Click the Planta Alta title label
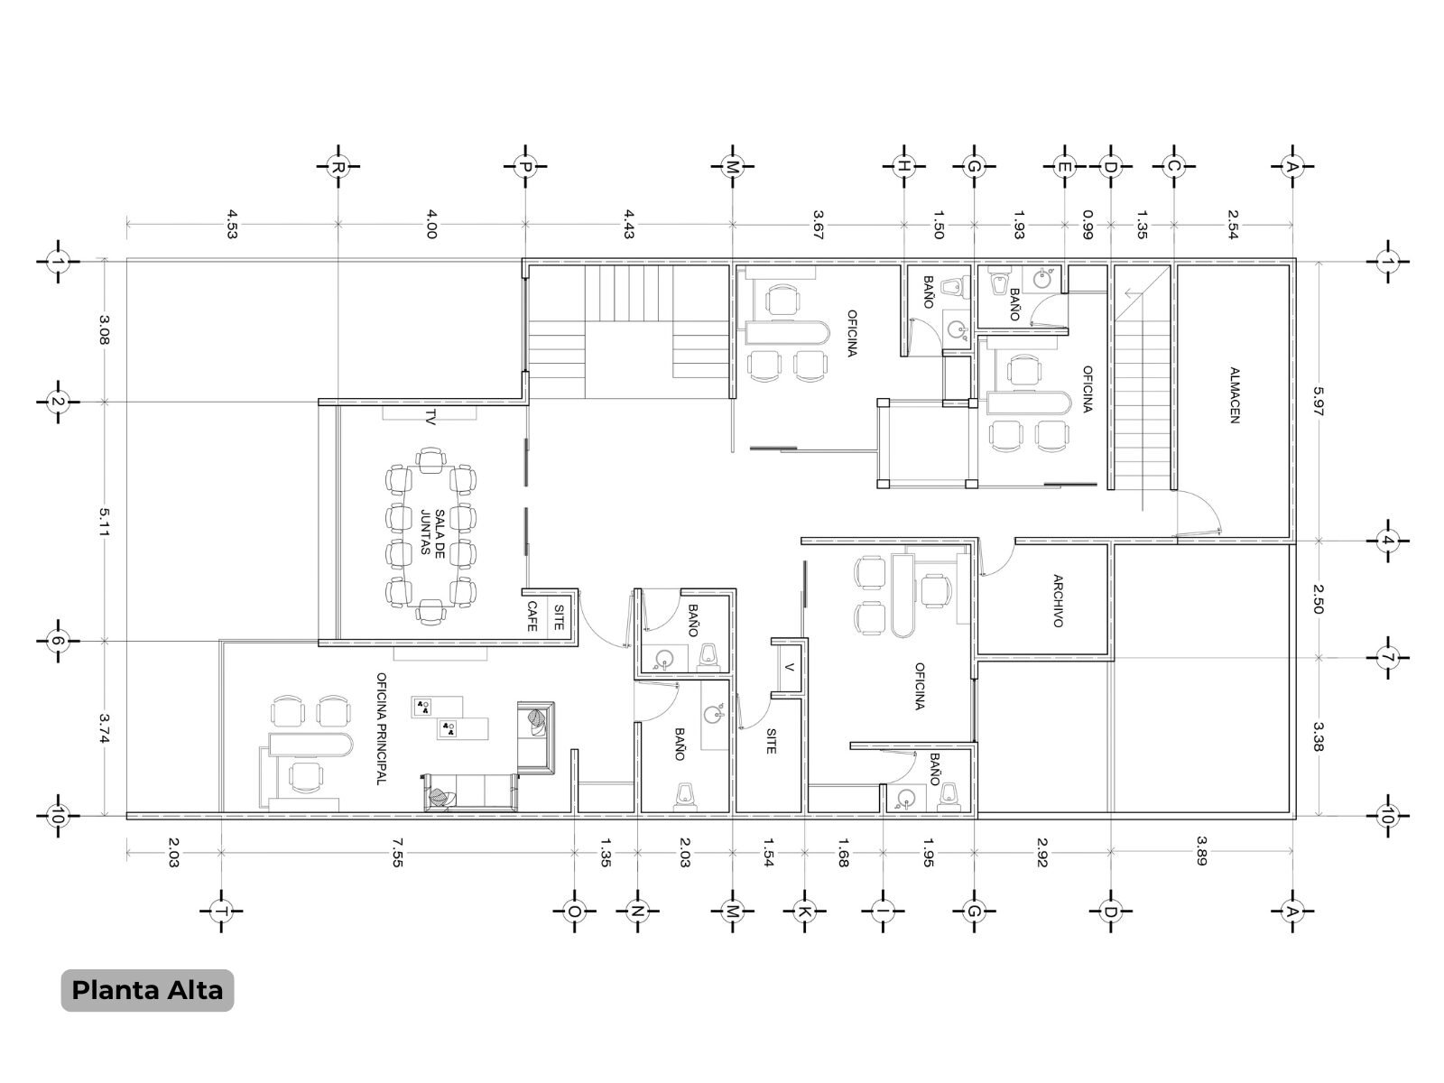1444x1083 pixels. [x=147, y=990]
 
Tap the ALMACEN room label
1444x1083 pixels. [x=1234, y=395]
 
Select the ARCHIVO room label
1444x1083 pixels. [x=1058, y=601]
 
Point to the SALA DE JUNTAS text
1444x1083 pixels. [x=432, y=532]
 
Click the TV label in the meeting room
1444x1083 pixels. [x=430, y=418]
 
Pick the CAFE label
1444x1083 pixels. [x=532, y=616]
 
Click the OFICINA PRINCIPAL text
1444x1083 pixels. [x=381, y=728]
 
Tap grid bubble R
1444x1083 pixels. [x=338, y=167]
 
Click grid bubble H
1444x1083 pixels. [x=904, y=167]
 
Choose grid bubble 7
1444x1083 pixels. [x=1387, y=657]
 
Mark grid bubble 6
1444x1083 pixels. [x=58, y=641]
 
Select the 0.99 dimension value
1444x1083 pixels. [x=1088, y=224]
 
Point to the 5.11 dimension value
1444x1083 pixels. [x=104, y=522]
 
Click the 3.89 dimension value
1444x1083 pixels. [x=1201, y=851]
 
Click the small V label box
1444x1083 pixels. [x=789, y=666]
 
